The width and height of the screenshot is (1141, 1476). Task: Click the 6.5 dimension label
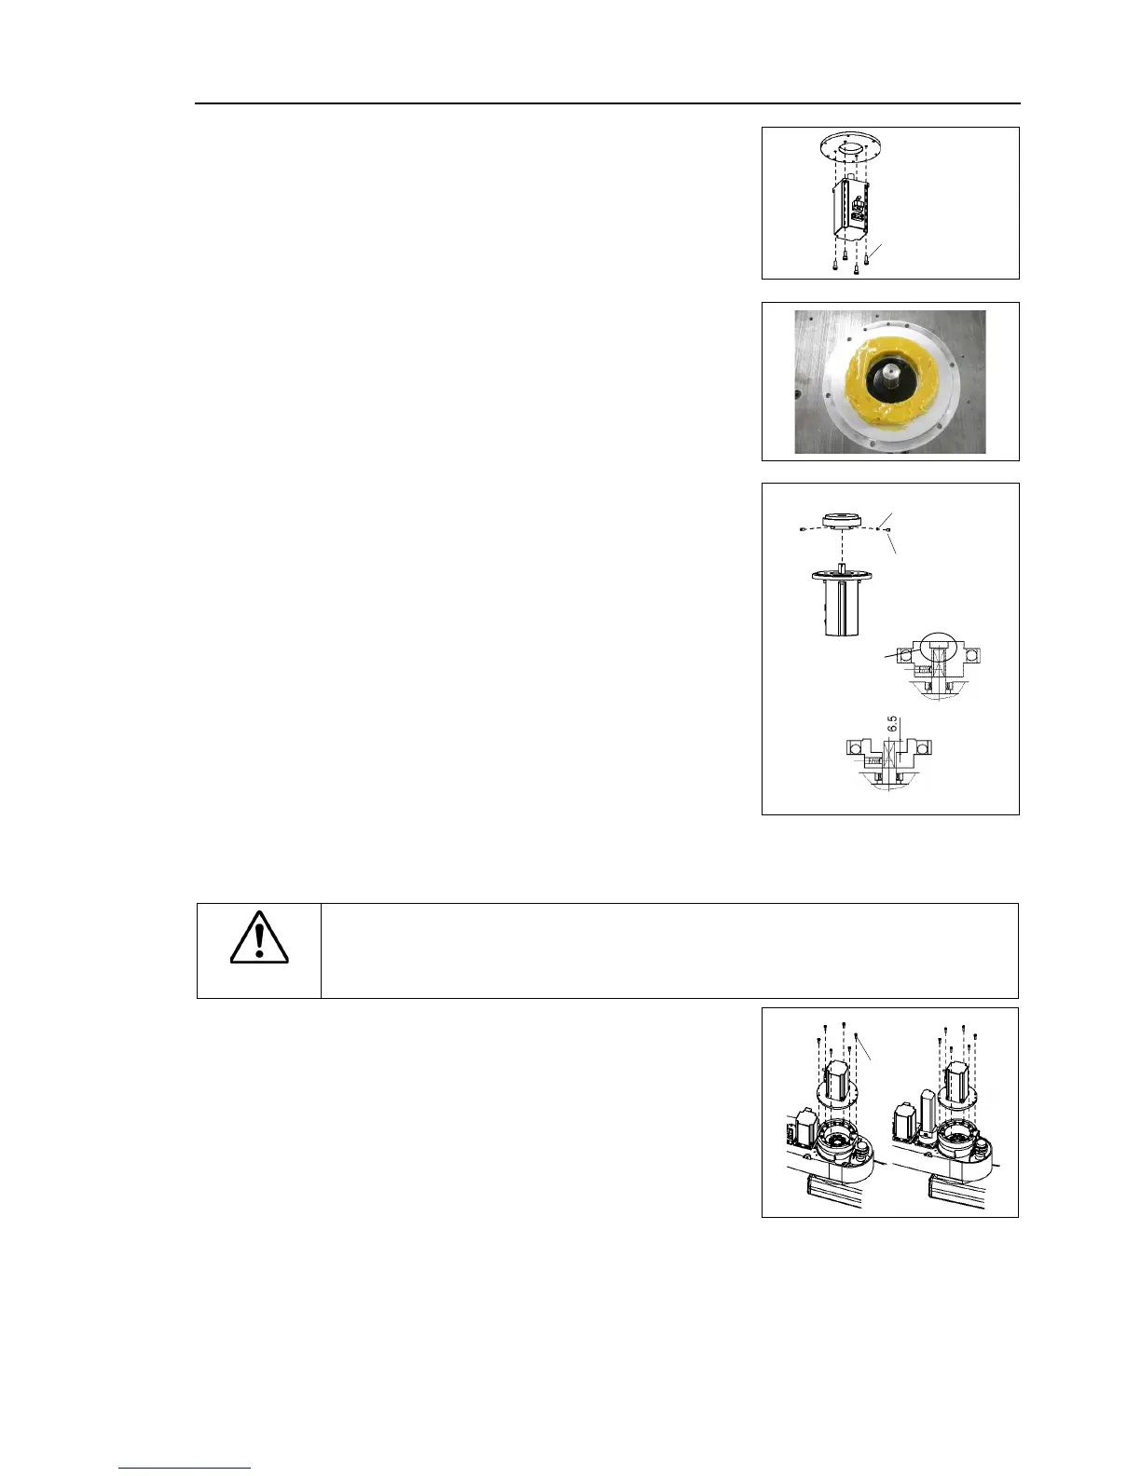click(x=891, y=724)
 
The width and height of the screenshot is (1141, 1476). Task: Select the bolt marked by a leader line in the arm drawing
click(x=856, y=1034)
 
